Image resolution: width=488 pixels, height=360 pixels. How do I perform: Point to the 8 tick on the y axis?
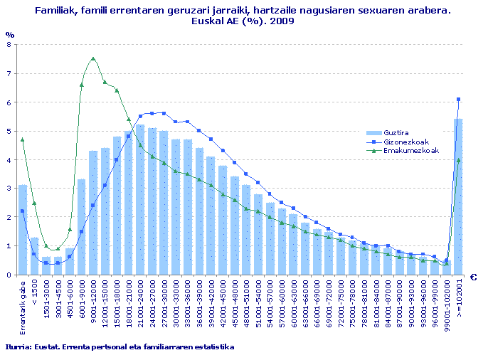pos(8,44)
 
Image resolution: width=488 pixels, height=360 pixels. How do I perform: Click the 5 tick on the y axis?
pos(8,131)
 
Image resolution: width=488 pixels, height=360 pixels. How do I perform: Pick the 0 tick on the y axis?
pos(8,275)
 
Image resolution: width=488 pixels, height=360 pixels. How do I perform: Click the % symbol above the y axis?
pos(9,34)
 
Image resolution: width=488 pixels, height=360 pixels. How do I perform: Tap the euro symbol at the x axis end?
pos(473,278)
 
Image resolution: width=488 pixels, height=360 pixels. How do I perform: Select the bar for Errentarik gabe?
pos(23,230)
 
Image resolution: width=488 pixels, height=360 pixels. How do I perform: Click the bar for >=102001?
pos(458,196)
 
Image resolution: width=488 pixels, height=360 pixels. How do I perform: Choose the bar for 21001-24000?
pos(140,200)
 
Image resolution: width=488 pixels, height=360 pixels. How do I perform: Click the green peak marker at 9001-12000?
pos(93,59)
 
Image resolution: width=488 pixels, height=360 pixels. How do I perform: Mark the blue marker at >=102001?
pos(458,100)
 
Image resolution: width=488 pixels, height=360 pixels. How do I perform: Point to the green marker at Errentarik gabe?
pos(23,139)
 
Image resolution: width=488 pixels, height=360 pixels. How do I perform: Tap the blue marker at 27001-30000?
pos(164,113)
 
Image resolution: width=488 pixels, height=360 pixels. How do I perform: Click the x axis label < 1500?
pos(35,295)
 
